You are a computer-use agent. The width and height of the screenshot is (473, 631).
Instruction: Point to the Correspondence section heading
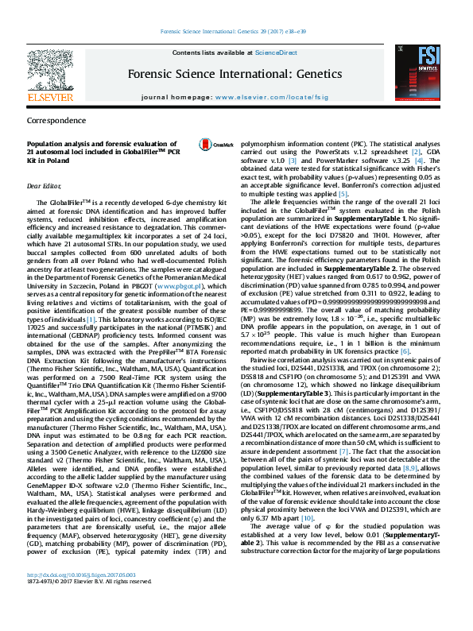pyautogui.click(x=57, y=121)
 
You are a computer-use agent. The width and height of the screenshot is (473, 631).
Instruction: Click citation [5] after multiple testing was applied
pyautogui.click(x=343, y=193)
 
